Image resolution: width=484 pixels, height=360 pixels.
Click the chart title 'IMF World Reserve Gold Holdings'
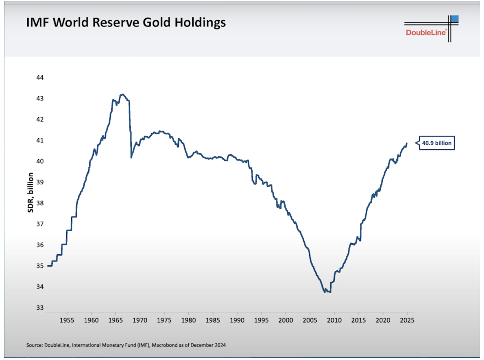pyautogui.click(x=126, y=23)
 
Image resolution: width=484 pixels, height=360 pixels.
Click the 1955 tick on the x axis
pyautogui.click(x=67, y=320)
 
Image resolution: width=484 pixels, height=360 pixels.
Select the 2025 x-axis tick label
pyautogui.click(x=407, y=320)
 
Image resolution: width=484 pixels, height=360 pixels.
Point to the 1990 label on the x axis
pyautogui.click(x=237, y=320)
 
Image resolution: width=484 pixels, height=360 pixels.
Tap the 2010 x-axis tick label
pyautogui.click(x=334, y=320)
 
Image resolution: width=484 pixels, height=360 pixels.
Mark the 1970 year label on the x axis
pyautogui.click(x=140, y=320)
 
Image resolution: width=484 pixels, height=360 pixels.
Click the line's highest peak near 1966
pyautogui.click(x=122, y=95)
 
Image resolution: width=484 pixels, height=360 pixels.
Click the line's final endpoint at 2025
pyautogui.click(x=406, y=143)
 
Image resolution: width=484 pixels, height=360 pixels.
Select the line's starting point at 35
pyautogui.click(x=48, y=266)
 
